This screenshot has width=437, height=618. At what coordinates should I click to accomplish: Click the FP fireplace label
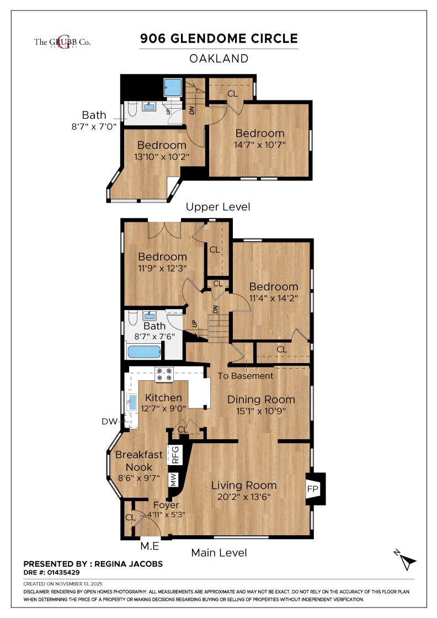point(312,488)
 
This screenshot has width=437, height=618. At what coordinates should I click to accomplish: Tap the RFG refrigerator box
point(175,455)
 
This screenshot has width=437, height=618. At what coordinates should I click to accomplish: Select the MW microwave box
point(173,479)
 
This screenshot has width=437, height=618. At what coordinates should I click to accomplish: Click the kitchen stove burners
point(164,374)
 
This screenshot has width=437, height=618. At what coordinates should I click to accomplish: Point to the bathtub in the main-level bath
point(144,351)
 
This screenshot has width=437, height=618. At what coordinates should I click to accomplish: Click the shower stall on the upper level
point(173,87)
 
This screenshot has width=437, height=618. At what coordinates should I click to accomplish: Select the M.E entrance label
point(150,546)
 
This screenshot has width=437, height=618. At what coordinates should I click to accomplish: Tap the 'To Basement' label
point(246,376)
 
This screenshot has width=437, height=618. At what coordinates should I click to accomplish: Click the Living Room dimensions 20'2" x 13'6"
point(244,497)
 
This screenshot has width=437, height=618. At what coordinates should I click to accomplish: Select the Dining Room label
point(261,399)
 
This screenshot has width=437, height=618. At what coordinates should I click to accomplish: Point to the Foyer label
point(166,505)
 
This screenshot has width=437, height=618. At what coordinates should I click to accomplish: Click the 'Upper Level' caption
point(218,207)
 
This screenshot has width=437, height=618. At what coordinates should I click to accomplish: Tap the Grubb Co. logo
point(62,42)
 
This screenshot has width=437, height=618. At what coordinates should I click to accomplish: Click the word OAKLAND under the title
point(218,58)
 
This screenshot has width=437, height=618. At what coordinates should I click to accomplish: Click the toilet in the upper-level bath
point(131,110)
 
